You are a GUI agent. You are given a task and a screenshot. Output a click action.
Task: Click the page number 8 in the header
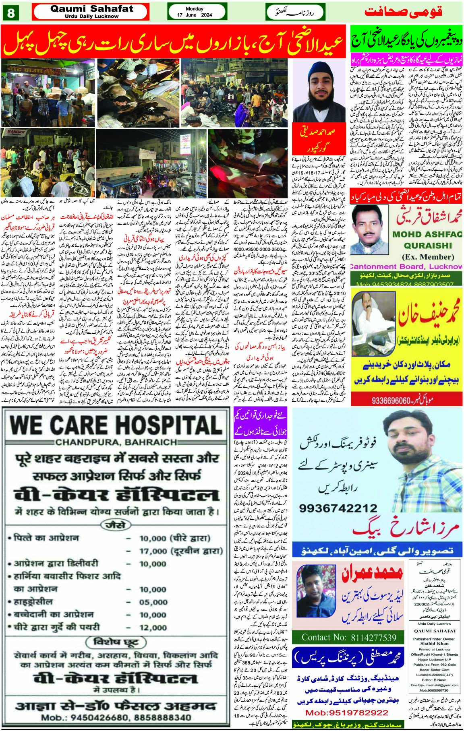coord(11,12)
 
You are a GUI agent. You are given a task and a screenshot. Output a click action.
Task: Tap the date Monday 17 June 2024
coord(195,12)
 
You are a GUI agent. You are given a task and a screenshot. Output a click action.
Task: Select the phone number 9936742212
coord(339,508)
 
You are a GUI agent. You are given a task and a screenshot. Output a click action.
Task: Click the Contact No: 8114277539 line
coord(349,638)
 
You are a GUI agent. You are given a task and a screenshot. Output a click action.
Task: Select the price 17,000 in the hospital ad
coord(153,551)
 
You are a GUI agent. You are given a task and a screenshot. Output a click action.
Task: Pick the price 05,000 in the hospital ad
coord(153,602)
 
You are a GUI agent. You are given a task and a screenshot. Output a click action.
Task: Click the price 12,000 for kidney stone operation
coord(153,628)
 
